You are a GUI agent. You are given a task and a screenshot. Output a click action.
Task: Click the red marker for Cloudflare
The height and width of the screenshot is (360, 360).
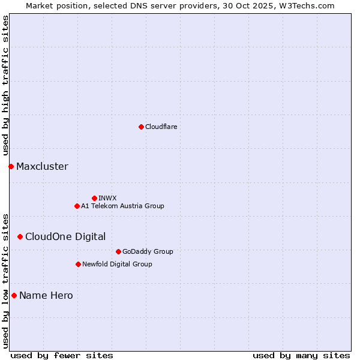[x=141, y=127]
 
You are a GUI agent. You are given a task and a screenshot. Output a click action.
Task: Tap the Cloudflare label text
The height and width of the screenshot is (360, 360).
[x=161, y=127]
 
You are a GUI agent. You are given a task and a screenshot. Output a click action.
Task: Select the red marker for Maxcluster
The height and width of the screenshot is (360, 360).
[x=11, y=166]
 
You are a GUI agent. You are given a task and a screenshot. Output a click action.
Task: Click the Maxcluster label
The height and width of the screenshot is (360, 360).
[x=42, y=166]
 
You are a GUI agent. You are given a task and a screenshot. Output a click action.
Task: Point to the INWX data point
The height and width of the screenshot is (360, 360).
[x=94, y=198]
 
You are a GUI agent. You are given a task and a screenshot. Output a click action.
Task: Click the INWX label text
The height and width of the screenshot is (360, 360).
[x=107, y=198]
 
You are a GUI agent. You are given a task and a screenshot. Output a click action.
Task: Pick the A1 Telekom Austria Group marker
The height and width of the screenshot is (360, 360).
[x=77, y=206]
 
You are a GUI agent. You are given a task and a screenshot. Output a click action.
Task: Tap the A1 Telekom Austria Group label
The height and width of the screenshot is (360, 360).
[x=122, y=206]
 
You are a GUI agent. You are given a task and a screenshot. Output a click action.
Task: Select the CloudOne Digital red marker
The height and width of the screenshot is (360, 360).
[x=20, y=236]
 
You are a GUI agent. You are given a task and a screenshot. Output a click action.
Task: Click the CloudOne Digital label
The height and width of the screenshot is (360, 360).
[x=65, y=236]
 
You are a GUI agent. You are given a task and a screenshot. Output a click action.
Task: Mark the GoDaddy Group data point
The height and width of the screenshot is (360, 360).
[x=118, y=251]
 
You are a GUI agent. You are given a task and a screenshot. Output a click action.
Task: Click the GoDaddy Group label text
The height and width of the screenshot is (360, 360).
[x=147, y=251]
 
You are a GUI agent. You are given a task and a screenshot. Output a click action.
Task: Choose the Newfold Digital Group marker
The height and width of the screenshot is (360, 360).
[x=78, y=264]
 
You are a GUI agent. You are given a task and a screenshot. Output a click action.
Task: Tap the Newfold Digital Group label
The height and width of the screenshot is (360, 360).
[x=117, y=264]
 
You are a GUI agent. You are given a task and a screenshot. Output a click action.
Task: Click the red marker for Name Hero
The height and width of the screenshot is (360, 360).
[x=14, y=295]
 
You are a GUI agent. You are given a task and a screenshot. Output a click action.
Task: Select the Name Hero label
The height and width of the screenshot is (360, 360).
[x=46, y=295]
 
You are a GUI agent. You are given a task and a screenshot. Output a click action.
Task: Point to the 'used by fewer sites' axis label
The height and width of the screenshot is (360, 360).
[x=62, y=355]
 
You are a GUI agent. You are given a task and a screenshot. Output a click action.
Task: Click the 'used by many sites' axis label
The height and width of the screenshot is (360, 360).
[x=301, y=355]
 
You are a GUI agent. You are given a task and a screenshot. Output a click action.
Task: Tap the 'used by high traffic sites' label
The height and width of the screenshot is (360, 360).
[x=5, y=86]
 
